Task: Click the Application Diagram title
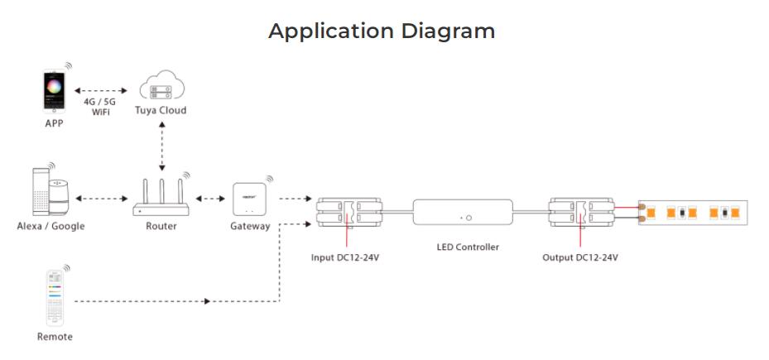coord(382,31)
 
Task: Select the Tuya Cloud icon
coord(161,87)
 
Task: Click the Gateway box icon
coord(250,199)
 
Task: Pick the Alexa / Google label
coord(50,226)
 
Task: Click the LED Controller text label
coord(468,247)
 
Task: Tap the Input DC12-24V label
coord(350,257)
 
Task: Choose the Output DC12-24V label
coord(579,257)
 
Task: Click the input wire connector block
coord(350,212)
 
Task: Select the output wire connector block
coord(580,212)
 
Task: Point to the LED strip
coord(694,212)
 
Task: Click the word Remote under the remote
coord(55,337)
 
